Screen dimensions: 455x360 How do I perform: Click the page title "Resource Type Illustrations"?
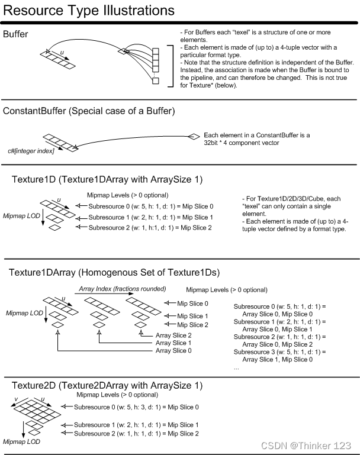tap(89, 11)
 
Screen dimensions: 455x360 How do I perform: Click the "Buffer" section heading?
tap(15, 34)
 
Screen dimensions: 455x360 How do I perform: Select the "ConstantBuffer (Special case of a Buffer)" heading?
tap(89, 111)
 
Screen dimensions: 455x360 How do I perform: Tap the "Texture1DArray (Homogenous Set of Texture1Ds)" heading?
tap(114, 272)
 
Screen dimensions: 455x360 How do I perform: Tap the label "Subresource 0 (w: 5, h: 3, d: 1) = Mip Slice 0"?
tap(136, 407)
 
